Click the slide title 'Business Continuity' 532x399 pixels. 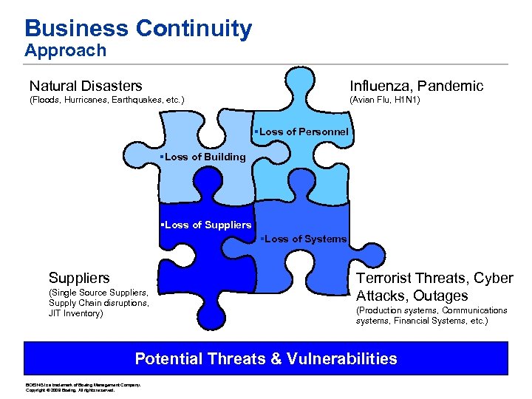pyautogui.click(x=138, y=28)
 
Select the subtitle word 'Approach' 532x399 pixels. pyautogui.click(x=65, y=51)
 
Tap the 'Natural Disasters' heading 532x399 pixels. pyautogui.click(x=86, y=86)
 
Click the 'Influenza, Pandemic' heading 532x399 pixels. pyautogui.click(x=417, y=86)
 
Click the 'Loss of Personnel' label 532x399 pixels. pyautogui.click(x=301, y=132)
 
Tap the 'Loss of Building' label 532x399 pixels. pyautogui.click(x=203, y=157)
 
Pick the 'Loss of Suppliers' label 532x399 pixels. pyautogui.click(x=206, y=225)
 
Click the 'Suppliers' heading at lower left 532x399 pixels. pyautogui.click(x=79, y=278)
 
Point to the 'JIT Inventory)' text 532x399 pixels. pyautogui.click(x=75, y=313)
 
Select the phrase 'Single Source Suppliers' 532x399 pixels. pyautogui.click(x=100, y=293)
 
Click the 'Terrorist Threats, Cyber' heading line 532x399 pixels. pyautogui.click(x=434, y=278)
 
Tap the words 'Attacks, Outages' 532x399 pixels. pyautogui.click(x=412, y=296)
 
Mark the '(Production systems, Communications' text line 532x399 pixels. pyautogui.click(x=432, y=310)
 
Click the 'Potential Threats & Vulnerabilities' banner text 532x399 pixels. pyautogui.click(x=266, y=359)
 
